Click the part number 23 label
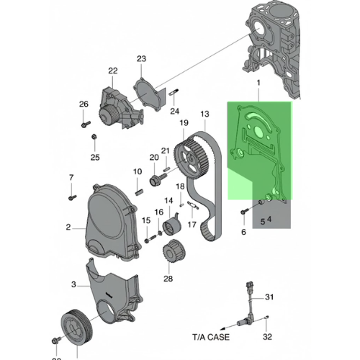pos(141,58)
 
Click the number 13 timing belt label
pos(204,114)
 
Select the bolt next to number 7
pos(72,194)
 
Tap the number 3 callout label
pos(73,285)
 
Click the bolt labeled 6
pos(243,212)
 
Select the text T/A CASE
pos(210,336)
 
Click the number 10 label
pos(138,171)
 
